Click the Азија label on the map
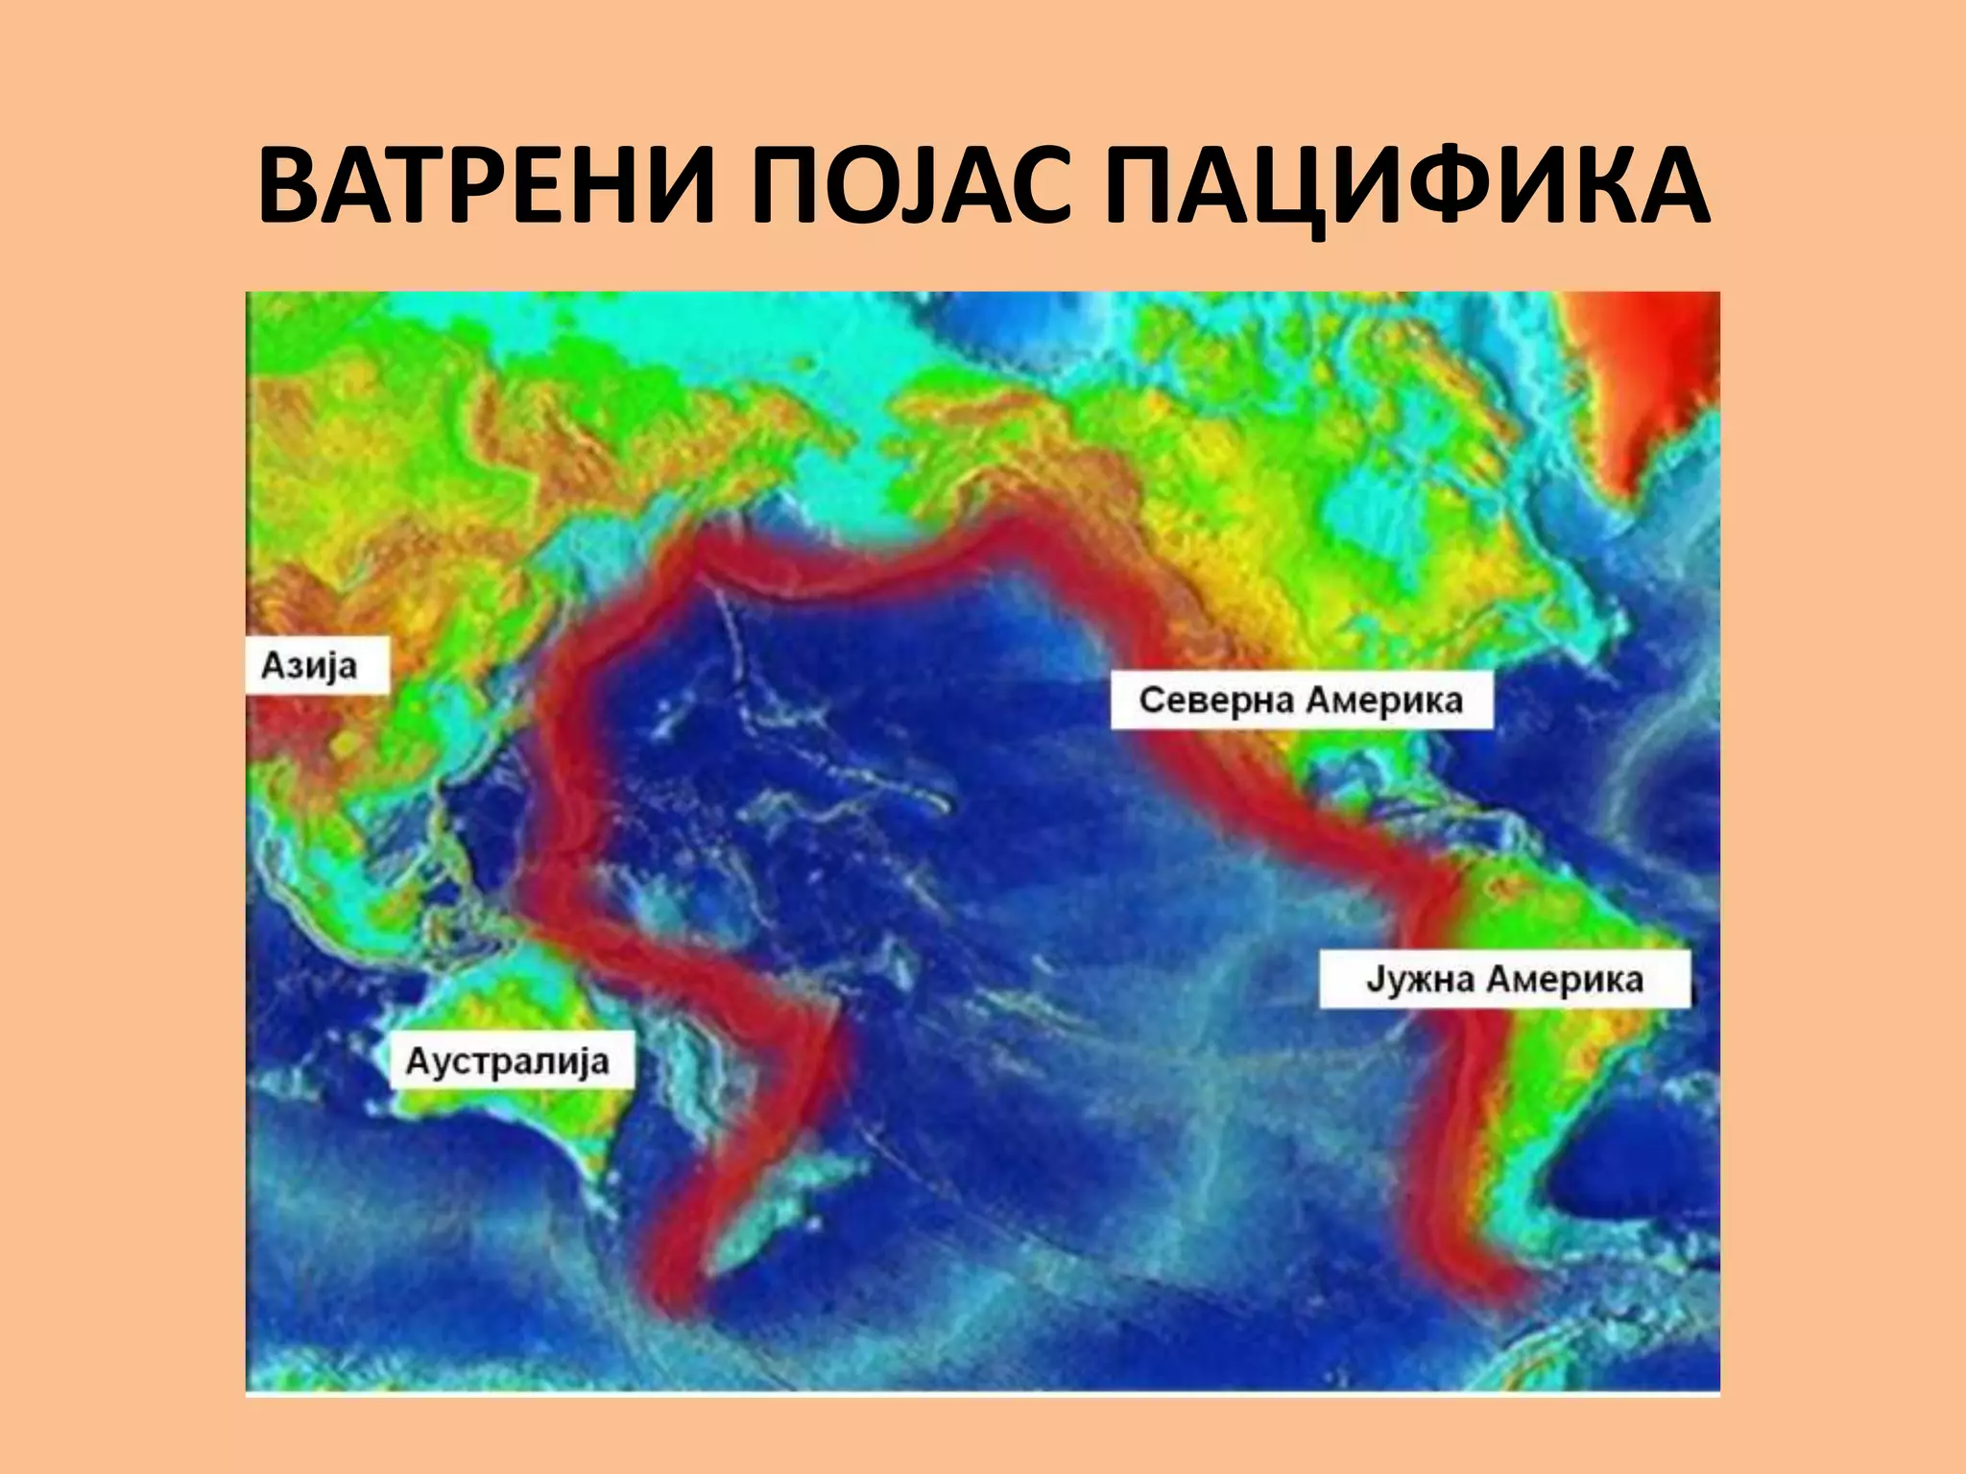pyautogui.click(x=310, y=664)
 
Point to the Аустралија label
pyautogui.click(x=509, y=1060)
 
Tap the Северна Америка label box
pyautogui.click(x=1301, y=701)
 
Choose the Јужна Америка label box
pyautogui.click(x=1504, y=980)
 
